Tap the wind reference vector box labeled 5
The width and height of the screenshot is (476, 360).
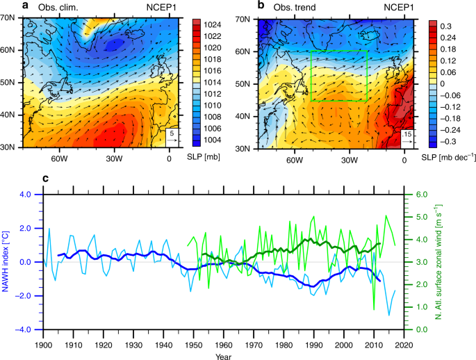coord(171,139)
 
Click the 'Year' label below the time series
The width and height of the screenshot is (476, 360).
coord(222,355)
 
